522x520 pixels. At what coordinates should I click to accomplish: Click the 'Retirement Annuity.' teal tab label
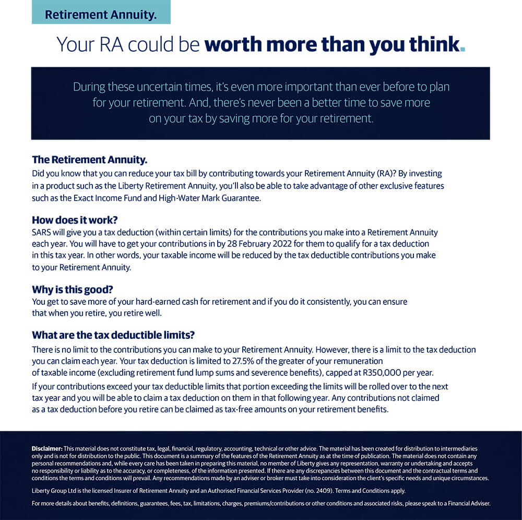101,15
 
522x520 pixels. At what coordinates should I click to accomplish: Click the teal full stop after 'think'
462,50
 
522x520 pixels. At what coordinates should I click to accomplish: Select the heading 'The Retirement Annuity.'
90,159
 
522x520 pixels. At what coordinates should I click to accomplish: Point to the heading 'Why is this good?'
73,289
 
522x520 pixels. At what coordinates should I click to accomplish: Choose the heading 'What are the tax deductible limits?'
113,335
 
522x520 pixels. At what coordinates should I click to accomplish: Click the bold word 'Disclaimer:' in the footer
47,449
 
